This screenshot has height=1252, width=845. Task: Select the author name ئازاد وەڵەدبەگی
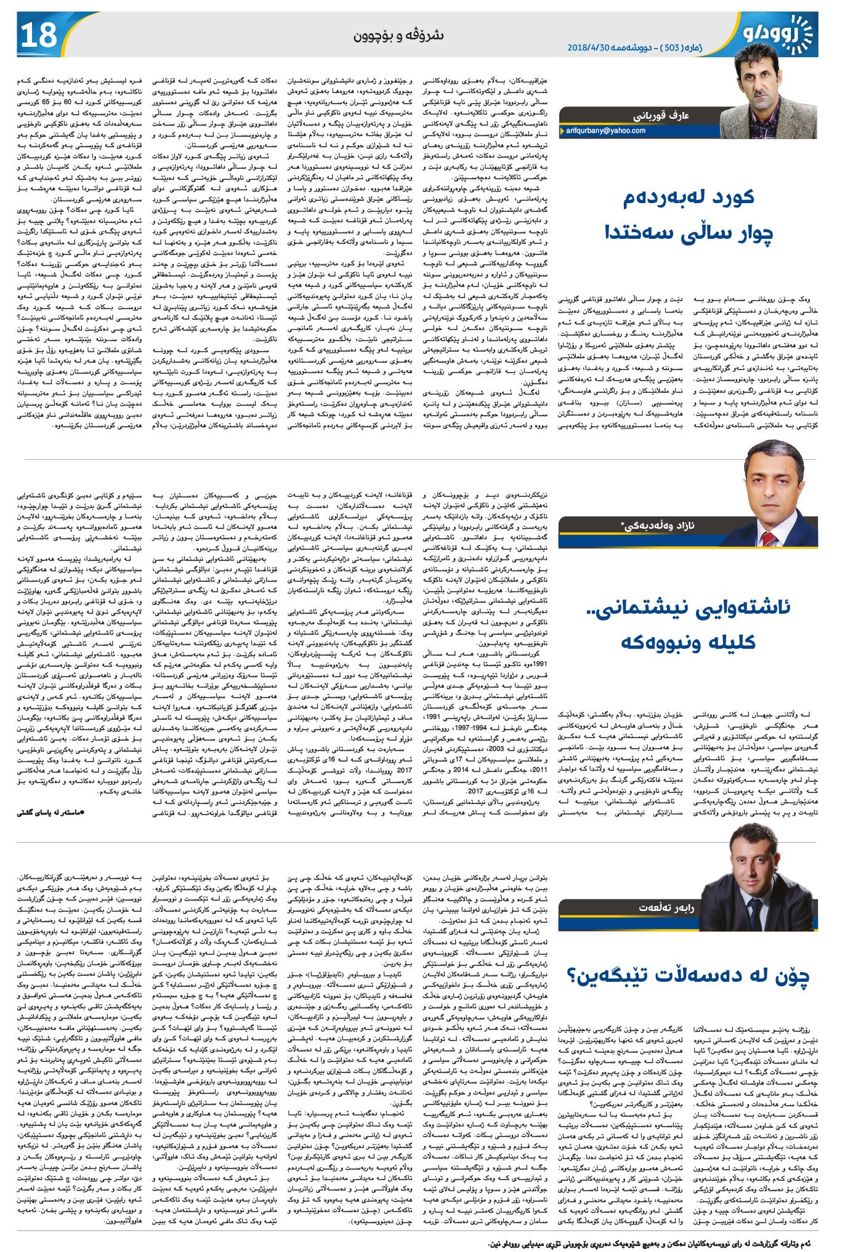point(657,525)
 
